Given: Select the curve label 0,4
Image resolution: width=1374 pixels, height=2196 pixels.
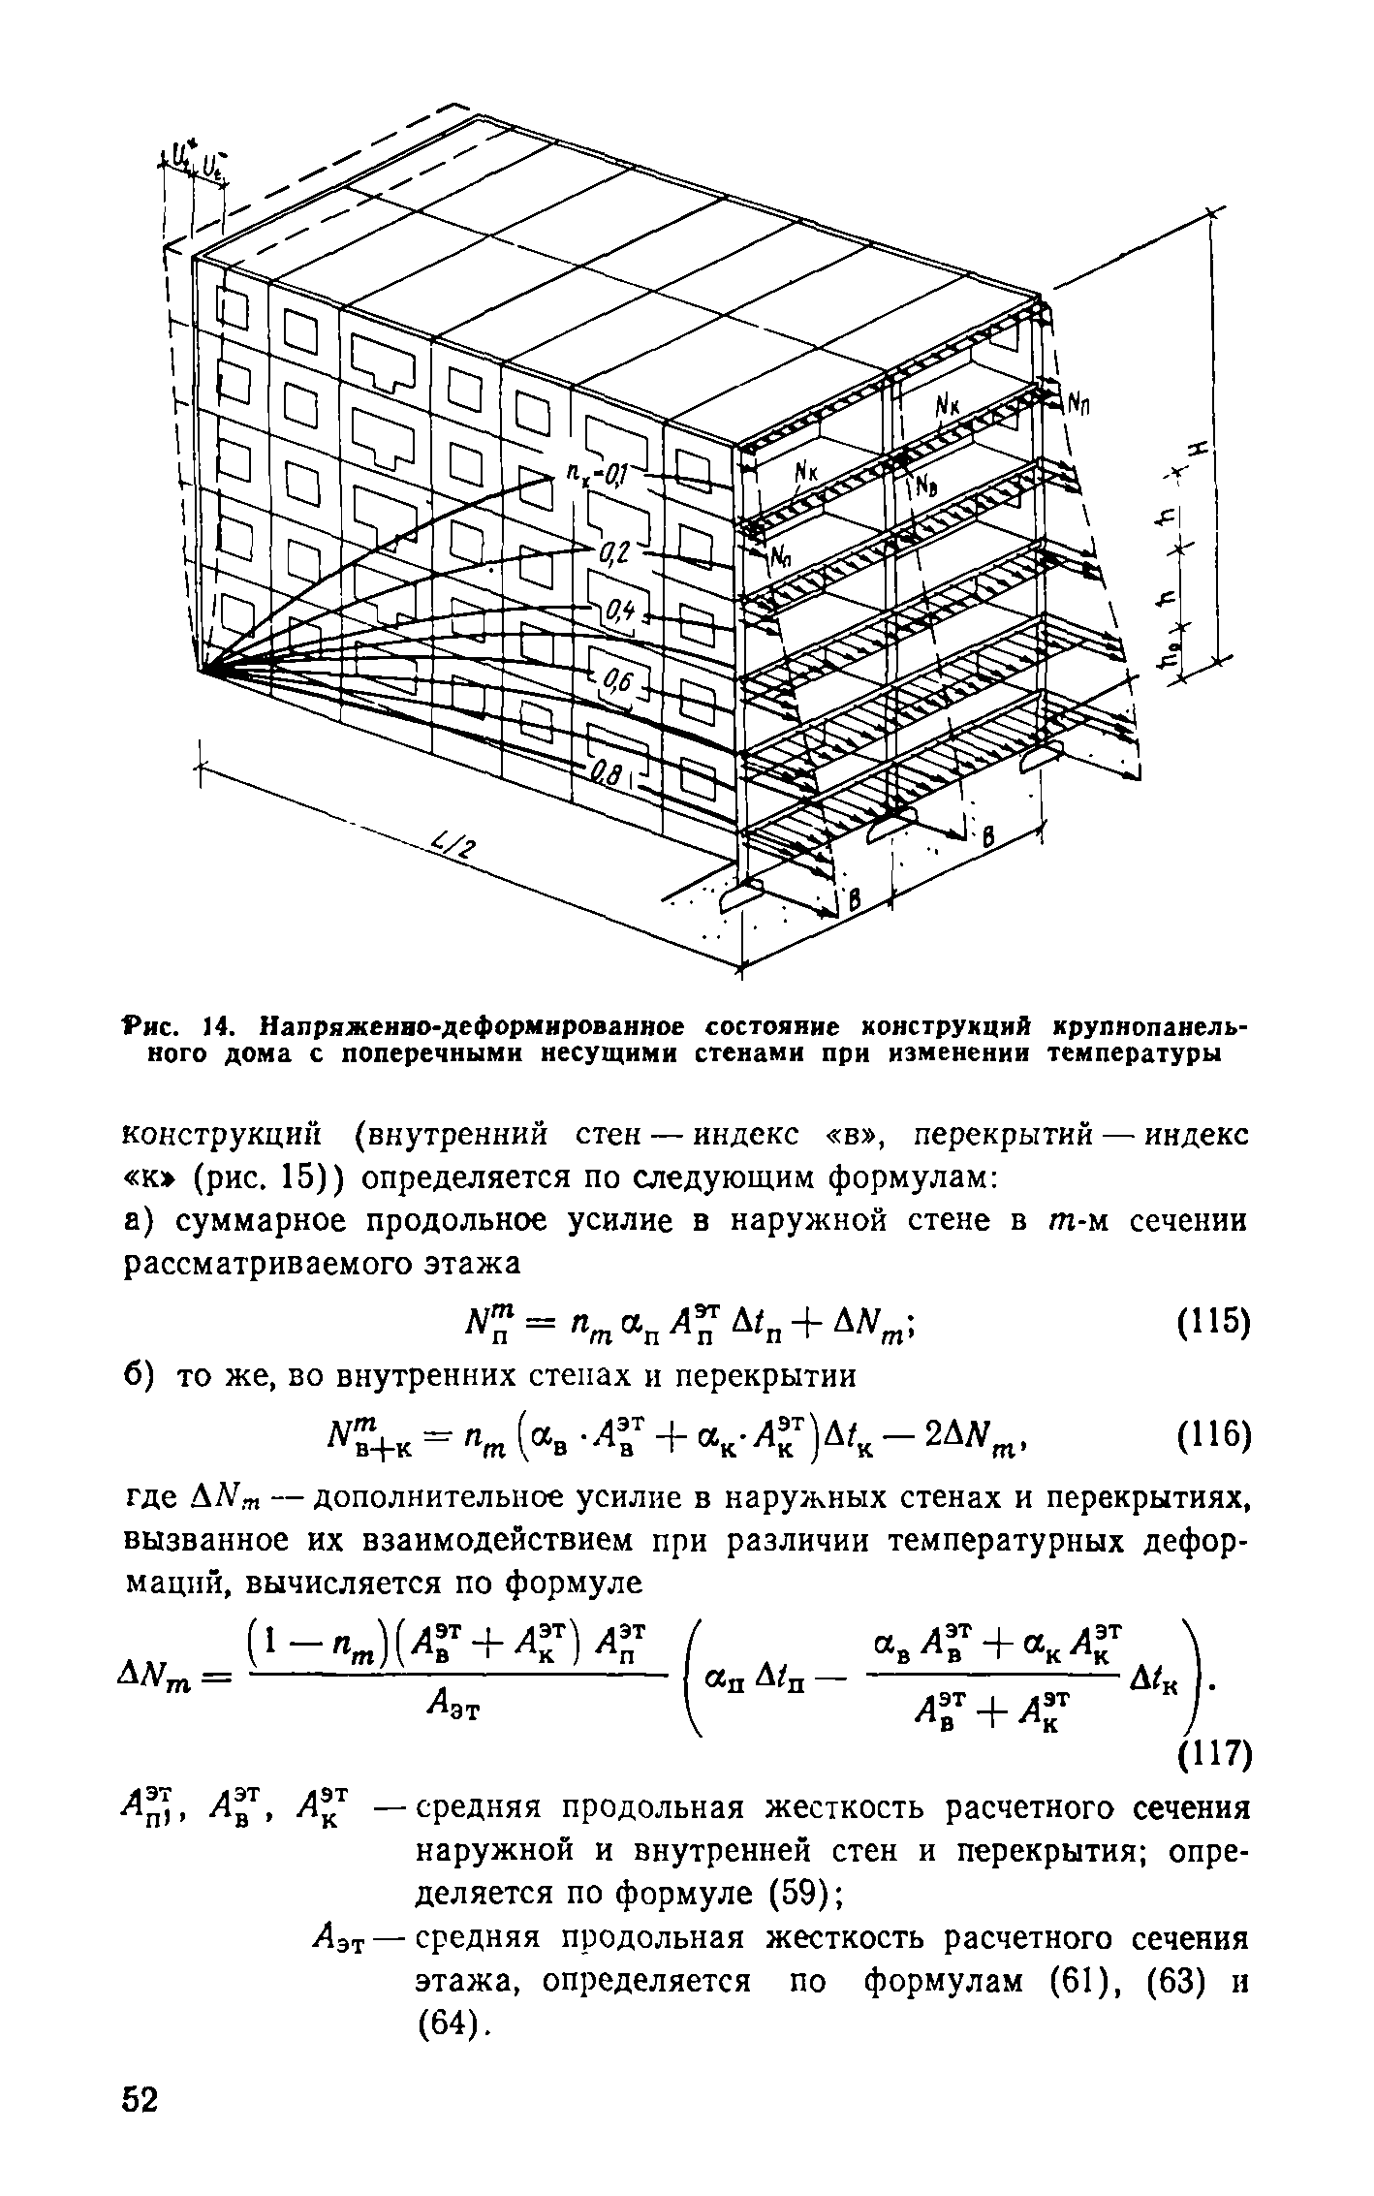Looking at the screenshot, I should click(x=616, y=612).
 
